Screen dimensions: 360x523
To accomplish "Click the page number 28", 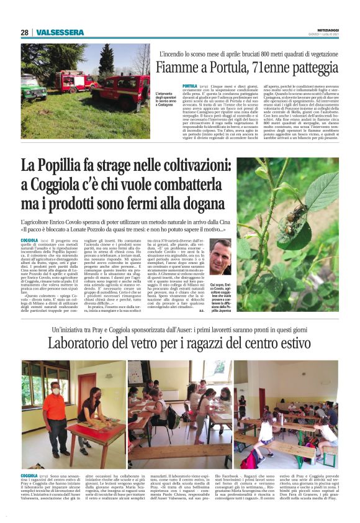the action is [x=25, y=32].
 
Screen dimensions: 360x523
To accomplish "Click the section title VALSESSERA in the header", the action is [x=60, y=32].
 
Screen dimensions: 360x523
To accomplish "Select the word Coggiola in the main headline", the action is [x=65, y=186].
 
